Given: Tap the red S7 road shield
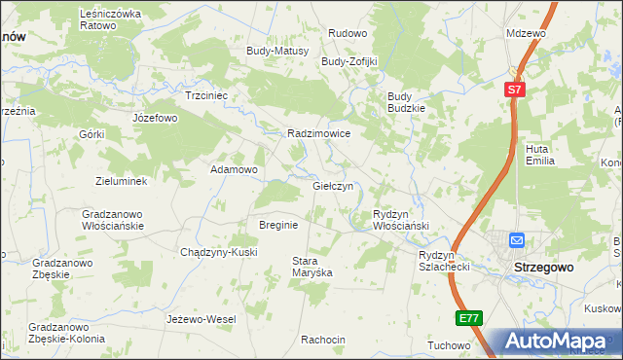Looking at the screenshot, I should pyautogui.click(x=516, y=90).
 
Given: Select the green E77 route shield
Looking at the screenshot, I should pyautogui.click(x=468, y=318).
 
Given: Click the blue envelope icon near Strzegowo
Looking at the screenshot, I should pyautogui.click(x=517, y=240).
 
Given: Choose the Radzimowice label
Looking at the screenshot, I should pyautogui.click(x=318, y=133).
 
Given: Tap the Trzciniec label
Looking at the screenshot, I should pyautogui.click(x=206, y=95).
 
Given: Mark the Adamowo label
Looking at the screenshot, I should pyautogui.click(x=235, y=169).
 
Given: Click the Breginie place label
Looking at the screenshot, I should pyautogui.click(x=277, y=224).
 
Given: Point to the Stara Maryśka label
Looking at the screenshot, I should pyautogui.click(x=312, y=267).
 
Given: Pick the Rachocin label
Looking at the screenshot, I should pyautogui.click(x=323, y=340).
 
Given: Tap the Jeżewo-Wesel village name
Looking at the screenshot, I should pyautogui.click(x=202, y=319).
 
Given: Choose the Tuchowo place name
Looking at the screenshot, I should pyautogui.click(x=449, y=345).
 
